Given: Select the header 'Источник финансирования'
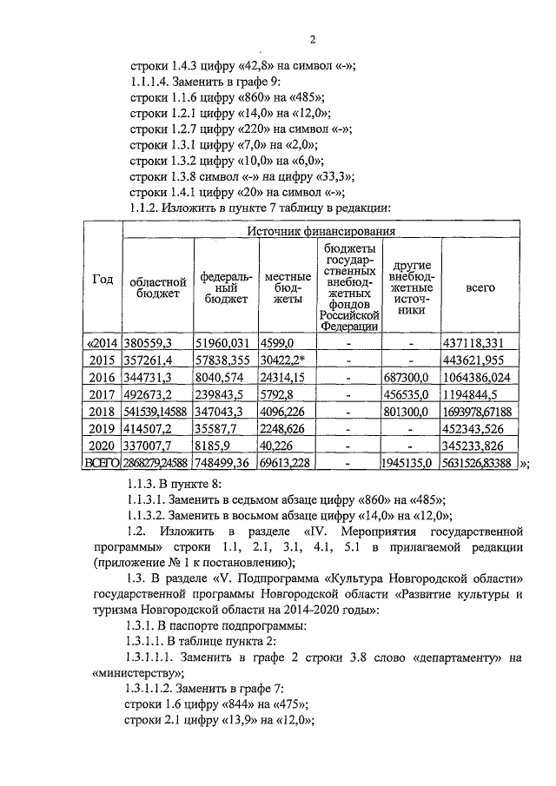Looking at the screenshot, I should click(321, 232).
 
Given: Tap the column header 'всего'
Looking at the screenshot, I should click(480, 286).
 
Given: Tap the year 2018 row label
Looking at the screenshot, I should click(103, 412).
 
